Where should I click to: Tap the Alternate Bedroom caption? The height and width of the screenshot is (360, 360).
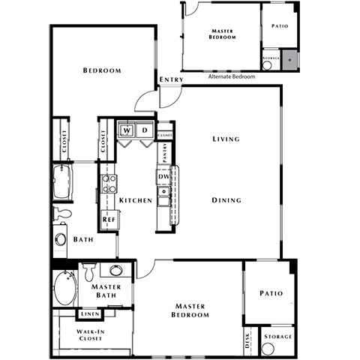coord(231,76)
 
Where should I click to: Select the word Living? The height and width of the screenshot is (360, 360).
coord(226,139)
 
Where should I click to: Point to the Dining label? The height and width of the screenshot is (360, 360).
coord(226,200)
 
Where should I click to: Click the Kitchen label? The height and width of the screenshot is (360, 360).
coord(136,201)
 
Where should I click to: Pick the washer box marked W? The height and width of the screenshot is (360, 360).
coord(127,130)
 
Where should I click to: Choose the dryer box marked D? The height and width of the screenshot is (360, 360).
coord(145,130)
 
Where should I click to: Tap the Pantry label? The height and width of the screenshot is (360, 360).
coord(164,152)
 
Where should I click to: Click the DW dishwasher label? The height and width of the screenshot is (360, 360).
coord(163,176)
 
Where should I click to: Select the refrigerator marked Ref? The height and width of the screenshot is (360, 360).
coord(108,220)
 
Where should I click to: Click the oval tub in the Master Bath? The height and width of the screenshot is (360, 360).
coord(64,289)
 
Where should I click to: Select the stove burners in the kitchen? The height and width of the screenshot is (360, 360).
coord(108,184)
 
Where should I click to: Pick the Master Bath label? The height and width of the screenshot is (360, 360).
coord(106,292)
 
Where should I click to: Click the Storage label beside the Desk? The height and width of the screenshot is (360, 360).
coord(277,337)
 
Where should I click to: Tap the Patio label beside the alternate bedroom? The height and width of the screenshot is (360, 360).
coord(278,26)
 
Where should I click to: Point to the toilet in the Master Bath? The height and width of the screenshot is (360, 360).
coord(88,269)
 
